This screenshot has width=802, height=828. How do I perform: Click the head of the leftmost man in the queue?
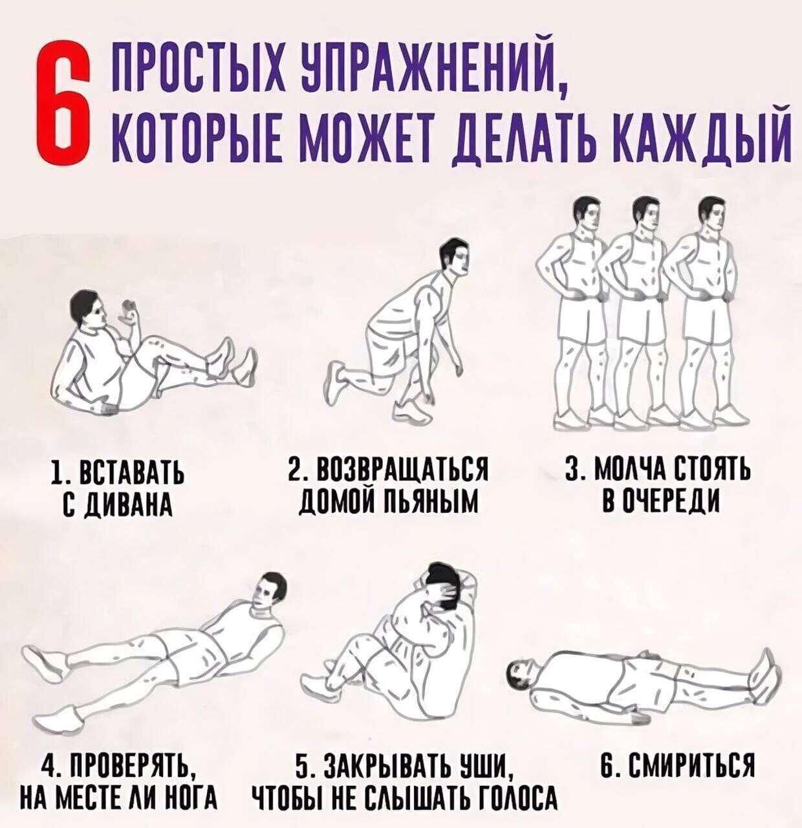pos(585,217)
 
